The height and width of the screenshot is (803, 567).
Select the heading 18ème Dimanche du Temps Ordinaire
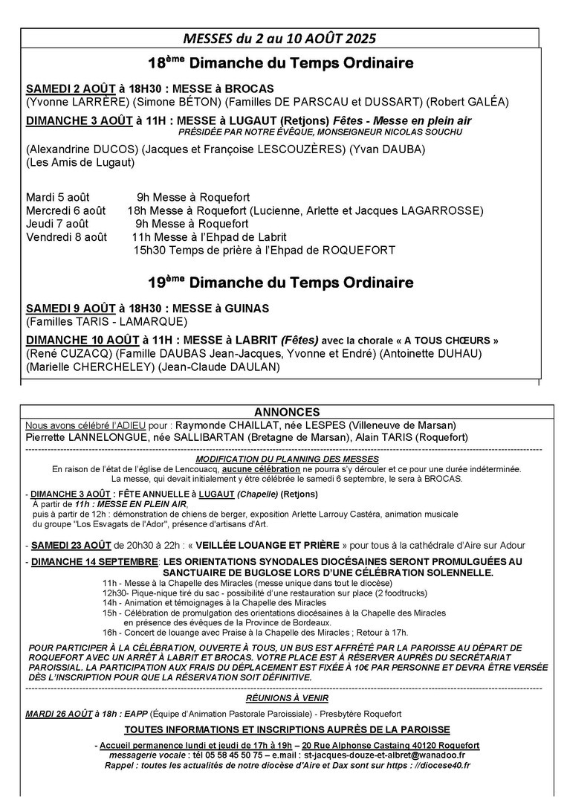click(x=280, y=63)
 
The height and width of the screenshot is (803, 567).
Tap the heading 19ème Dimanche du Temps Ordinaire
click(x=280, y=283)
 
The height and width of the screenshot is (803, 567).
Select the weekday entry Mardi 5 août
click(x=58, y=197)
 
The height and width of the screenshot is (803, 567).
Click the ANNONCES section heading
click(x=287, y=412)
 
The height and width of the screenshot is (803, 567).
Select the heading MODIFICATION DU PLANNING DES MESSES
click(x=287, y=459)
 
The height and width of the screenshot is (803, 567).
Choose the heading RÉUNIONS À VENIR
click(x=287, y=698)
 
